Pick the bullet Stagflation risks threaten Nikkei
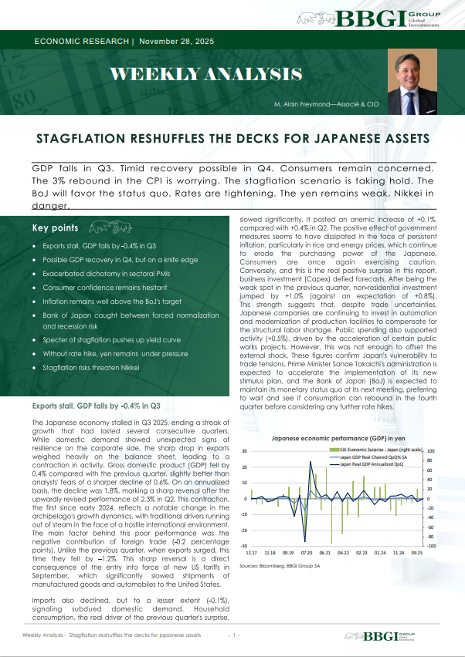(x=97, y=367)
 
